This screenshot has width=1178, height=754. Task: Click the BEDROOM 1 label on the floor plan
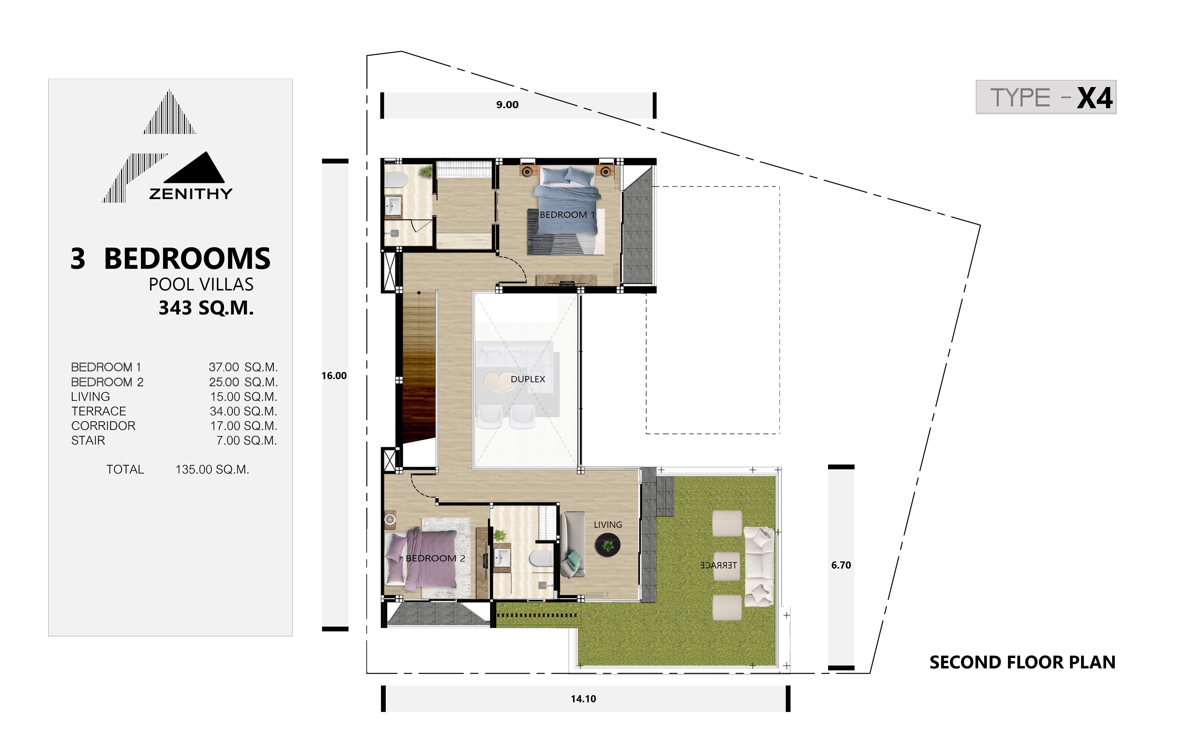tap(567, 215)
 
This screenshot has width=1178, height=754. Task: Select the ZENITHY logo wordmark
tap(190, 194)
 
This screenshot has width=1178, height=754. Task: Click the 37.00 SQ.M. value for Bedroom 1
tap(243, 367)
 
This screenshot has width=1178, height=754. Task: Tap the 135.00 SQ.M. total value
tap(213, 470)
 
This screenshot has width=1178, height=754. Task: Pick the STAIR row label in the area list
tap(88, 441)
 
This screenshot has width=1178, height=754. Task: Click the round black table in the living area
tap(608, 545)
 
